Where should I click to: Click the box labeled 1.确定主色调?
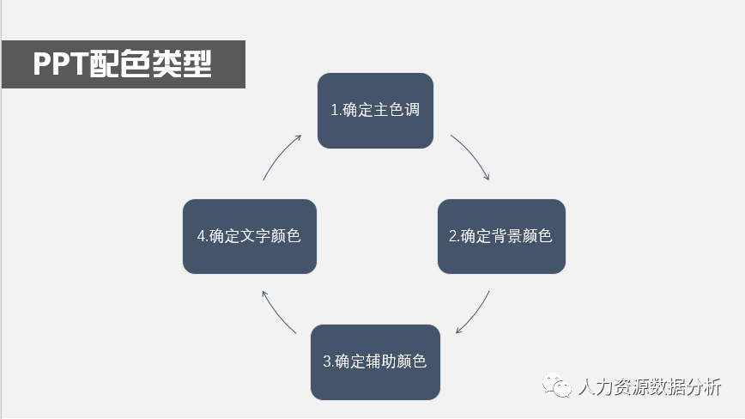click(375, 111)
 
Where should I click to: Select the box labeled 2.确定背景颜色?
click(501, 237)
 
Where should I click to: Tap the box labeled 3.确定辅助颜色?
click(375, 361)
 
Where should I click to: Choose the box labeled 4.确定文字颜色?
click(250, 237)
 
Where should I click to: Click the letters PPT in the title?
click(60, 65)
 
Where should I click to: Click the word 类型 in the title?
click(182, 65)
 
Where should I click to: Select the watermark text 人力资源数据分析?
click(650, 388)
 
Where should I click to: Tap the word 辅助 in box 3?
click(385, 361)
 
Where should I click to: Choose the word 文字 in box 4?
click(259, 237)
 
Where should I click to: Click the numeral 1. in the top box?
click(336, 111)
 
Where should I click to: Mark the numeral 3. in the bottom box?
click(328, 361)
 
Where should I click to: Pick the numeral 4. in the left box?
click(202, 237)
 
